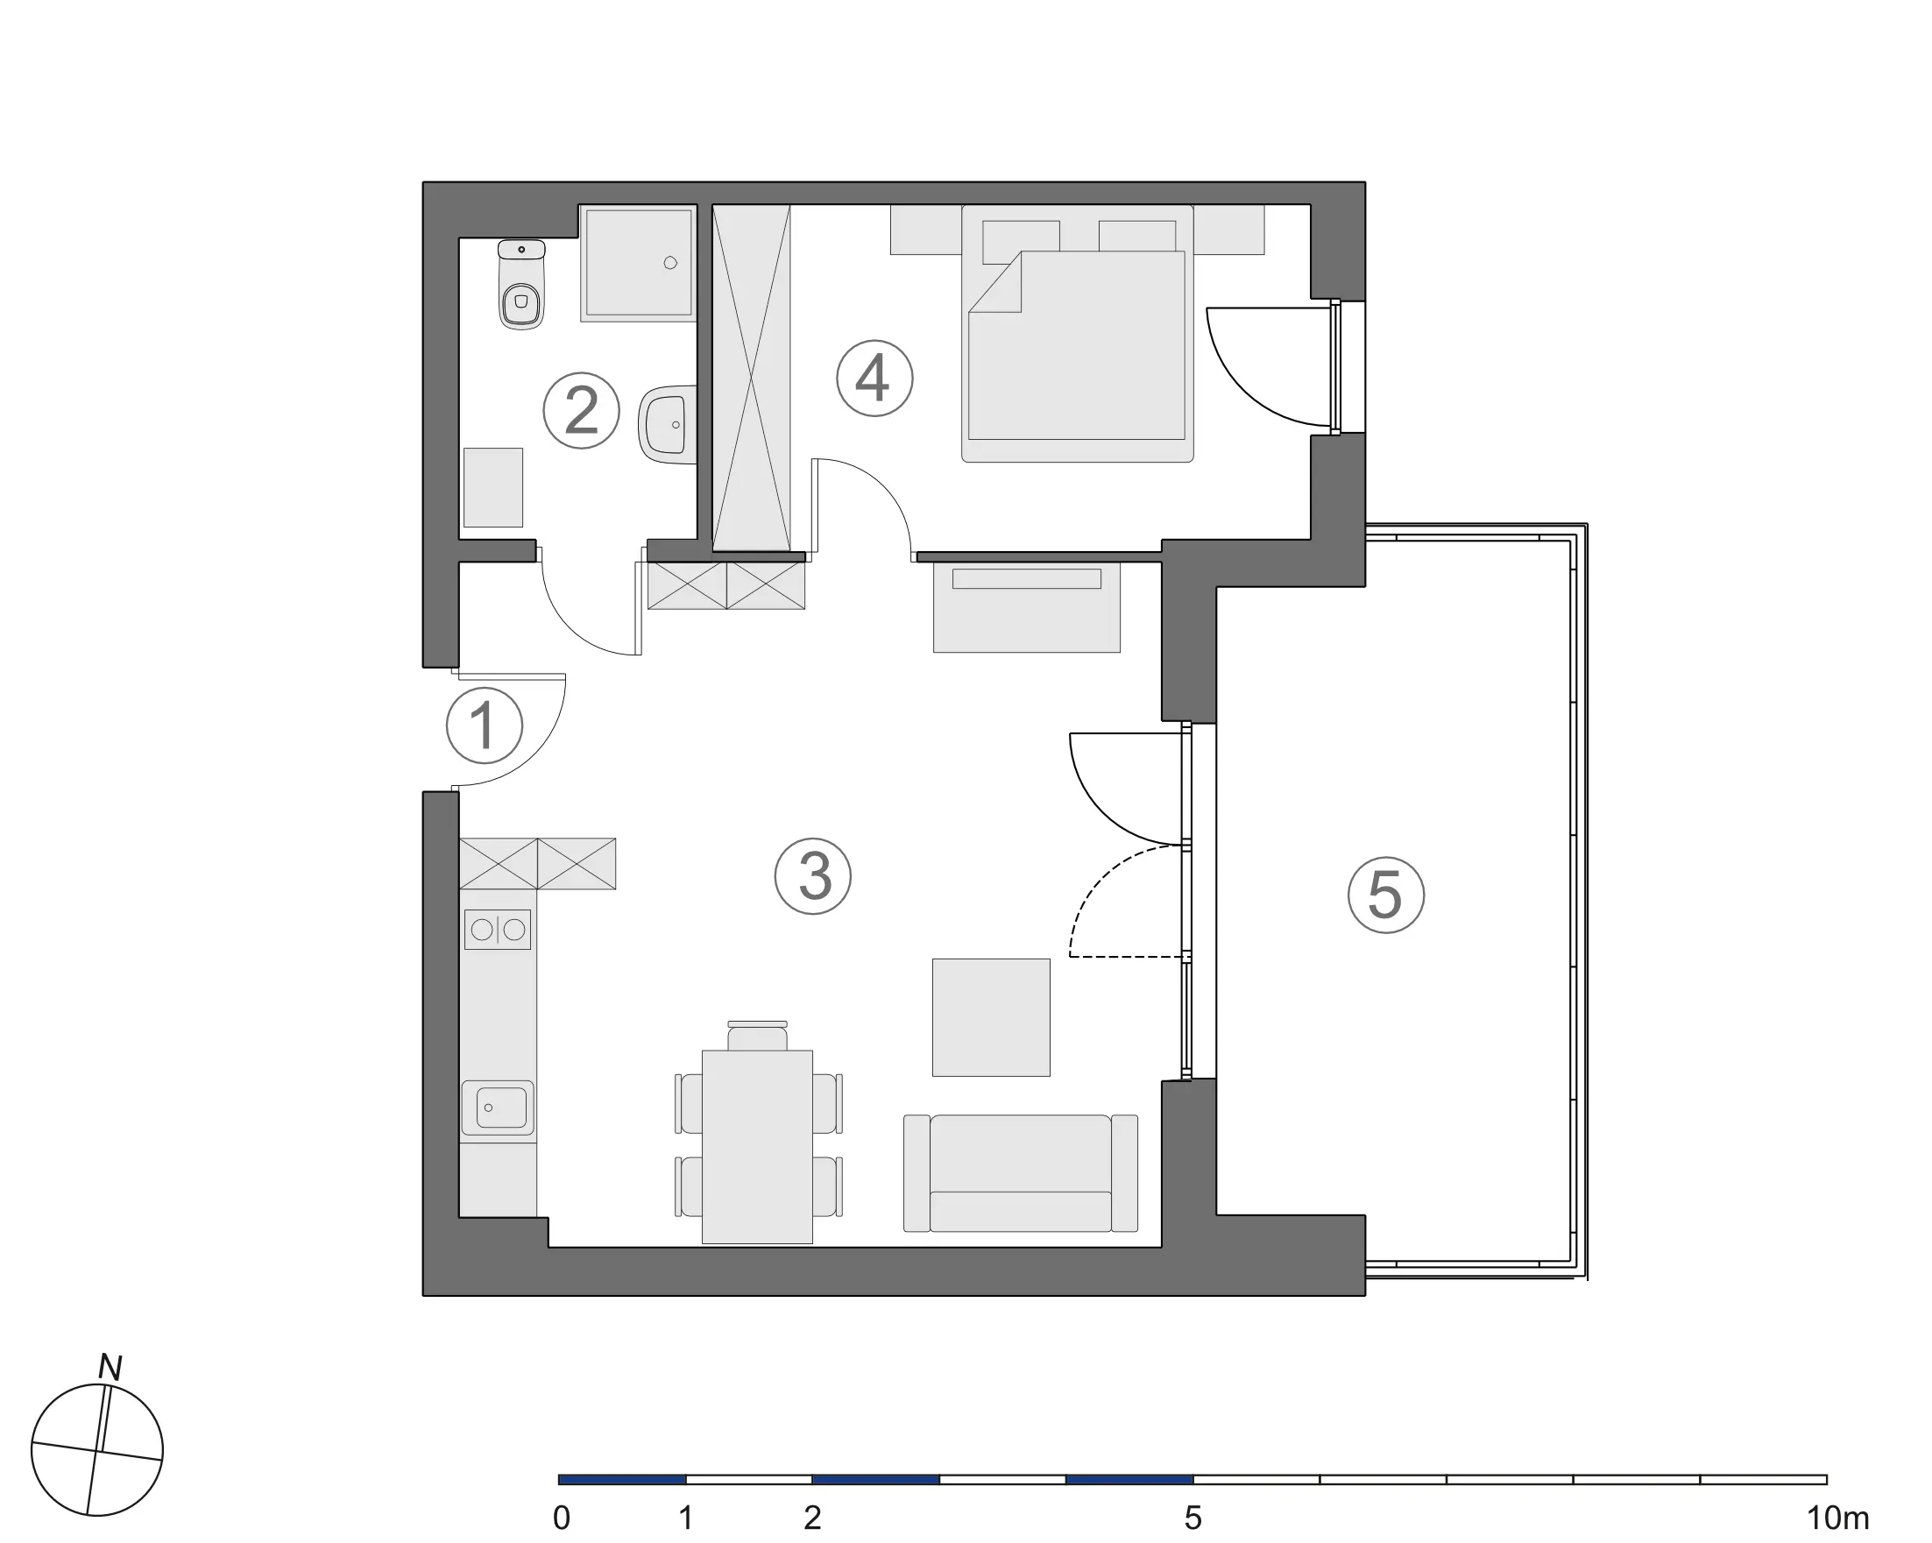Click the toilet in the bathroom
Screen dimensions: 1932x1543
520,284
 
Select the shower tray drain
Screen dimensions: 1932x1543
670,263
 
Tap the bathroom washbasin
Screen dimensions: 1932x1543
668,425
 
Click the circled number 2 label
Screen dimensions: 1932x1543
582,410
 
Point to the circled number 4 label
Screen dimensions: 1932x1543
874,379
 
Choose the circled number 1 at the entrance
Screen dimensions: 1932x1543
484,725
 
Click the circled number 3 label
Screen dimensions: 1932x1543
813,876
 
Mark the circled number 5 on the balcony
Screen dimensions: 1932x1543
1386,895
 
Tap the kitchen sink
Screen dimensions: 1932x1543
498,1109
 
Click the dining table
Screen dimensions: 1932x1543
757,1147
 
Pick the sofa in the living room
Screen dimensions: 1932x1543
1021,1173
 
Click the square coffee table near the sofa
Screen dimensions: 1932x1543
991,1017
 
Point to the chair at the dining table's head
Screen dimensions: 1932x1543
757,1036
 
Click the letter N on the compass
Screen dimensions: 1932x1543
110,1369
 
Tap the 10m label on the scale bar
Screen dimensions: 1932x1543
1838,1518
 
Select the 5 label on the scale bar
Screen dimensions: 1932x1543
1192,1518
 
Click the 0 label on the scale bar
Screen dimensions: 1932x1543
561,1518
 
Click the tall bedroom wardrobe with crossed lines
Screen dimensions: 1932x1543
751,378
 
